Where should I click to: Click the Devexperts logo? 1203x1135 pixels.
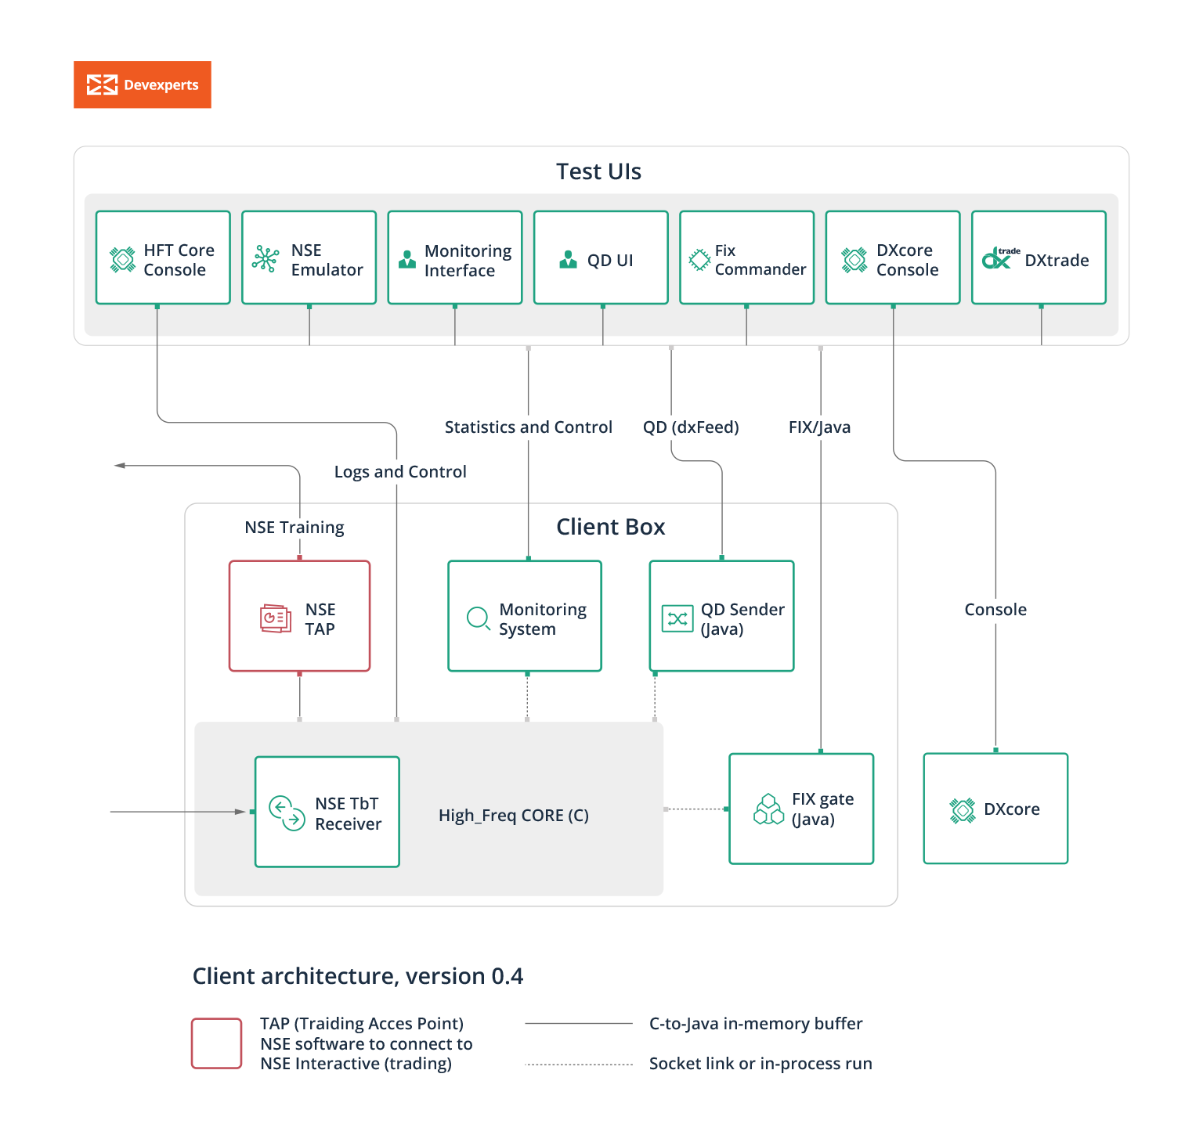(142, 85)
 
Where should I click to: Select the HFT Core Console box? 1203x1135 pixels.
(163, 258)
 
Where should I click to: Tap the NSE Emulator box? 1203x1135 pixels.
(309, 258)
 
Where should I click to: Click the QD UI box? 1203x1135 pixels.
(601, 258)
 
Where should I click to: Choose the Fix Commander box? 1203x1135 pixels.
(746, 258)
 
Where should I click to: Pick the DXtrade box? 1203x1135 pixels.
(1039, 258)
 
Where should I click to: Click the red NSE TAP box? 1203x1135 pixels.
(299, 616)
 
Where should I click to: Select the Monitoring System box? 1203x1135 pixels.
(525, 616)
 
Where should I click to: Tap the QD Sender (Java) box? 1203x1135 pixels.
(721, 616)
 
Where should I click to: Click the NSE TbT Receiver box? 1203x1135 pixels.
(327, 812)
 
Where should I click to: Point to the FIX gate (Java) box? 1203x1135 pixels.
(801, 809)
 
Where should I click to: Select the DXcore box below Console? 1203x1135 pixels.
(995, 809)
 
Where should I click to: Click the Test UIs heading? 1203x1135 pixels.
(598, 171)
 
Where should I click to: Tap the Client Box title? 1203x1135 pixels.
(610, 527)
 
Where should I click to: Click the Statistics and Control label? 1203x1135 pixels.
(528, 427)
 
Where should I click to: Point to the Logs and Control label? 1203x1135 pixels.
(400, 472)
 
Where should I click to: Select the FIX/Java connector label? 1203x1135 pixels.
(819, 427)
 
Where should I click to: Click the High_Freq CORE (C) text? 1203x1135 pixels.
(513, 816)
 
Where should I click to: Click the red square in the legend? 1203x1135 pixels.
(216, 1043)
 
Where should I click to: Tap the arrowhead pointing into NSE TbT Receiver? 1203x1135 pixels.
(240, 812)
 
